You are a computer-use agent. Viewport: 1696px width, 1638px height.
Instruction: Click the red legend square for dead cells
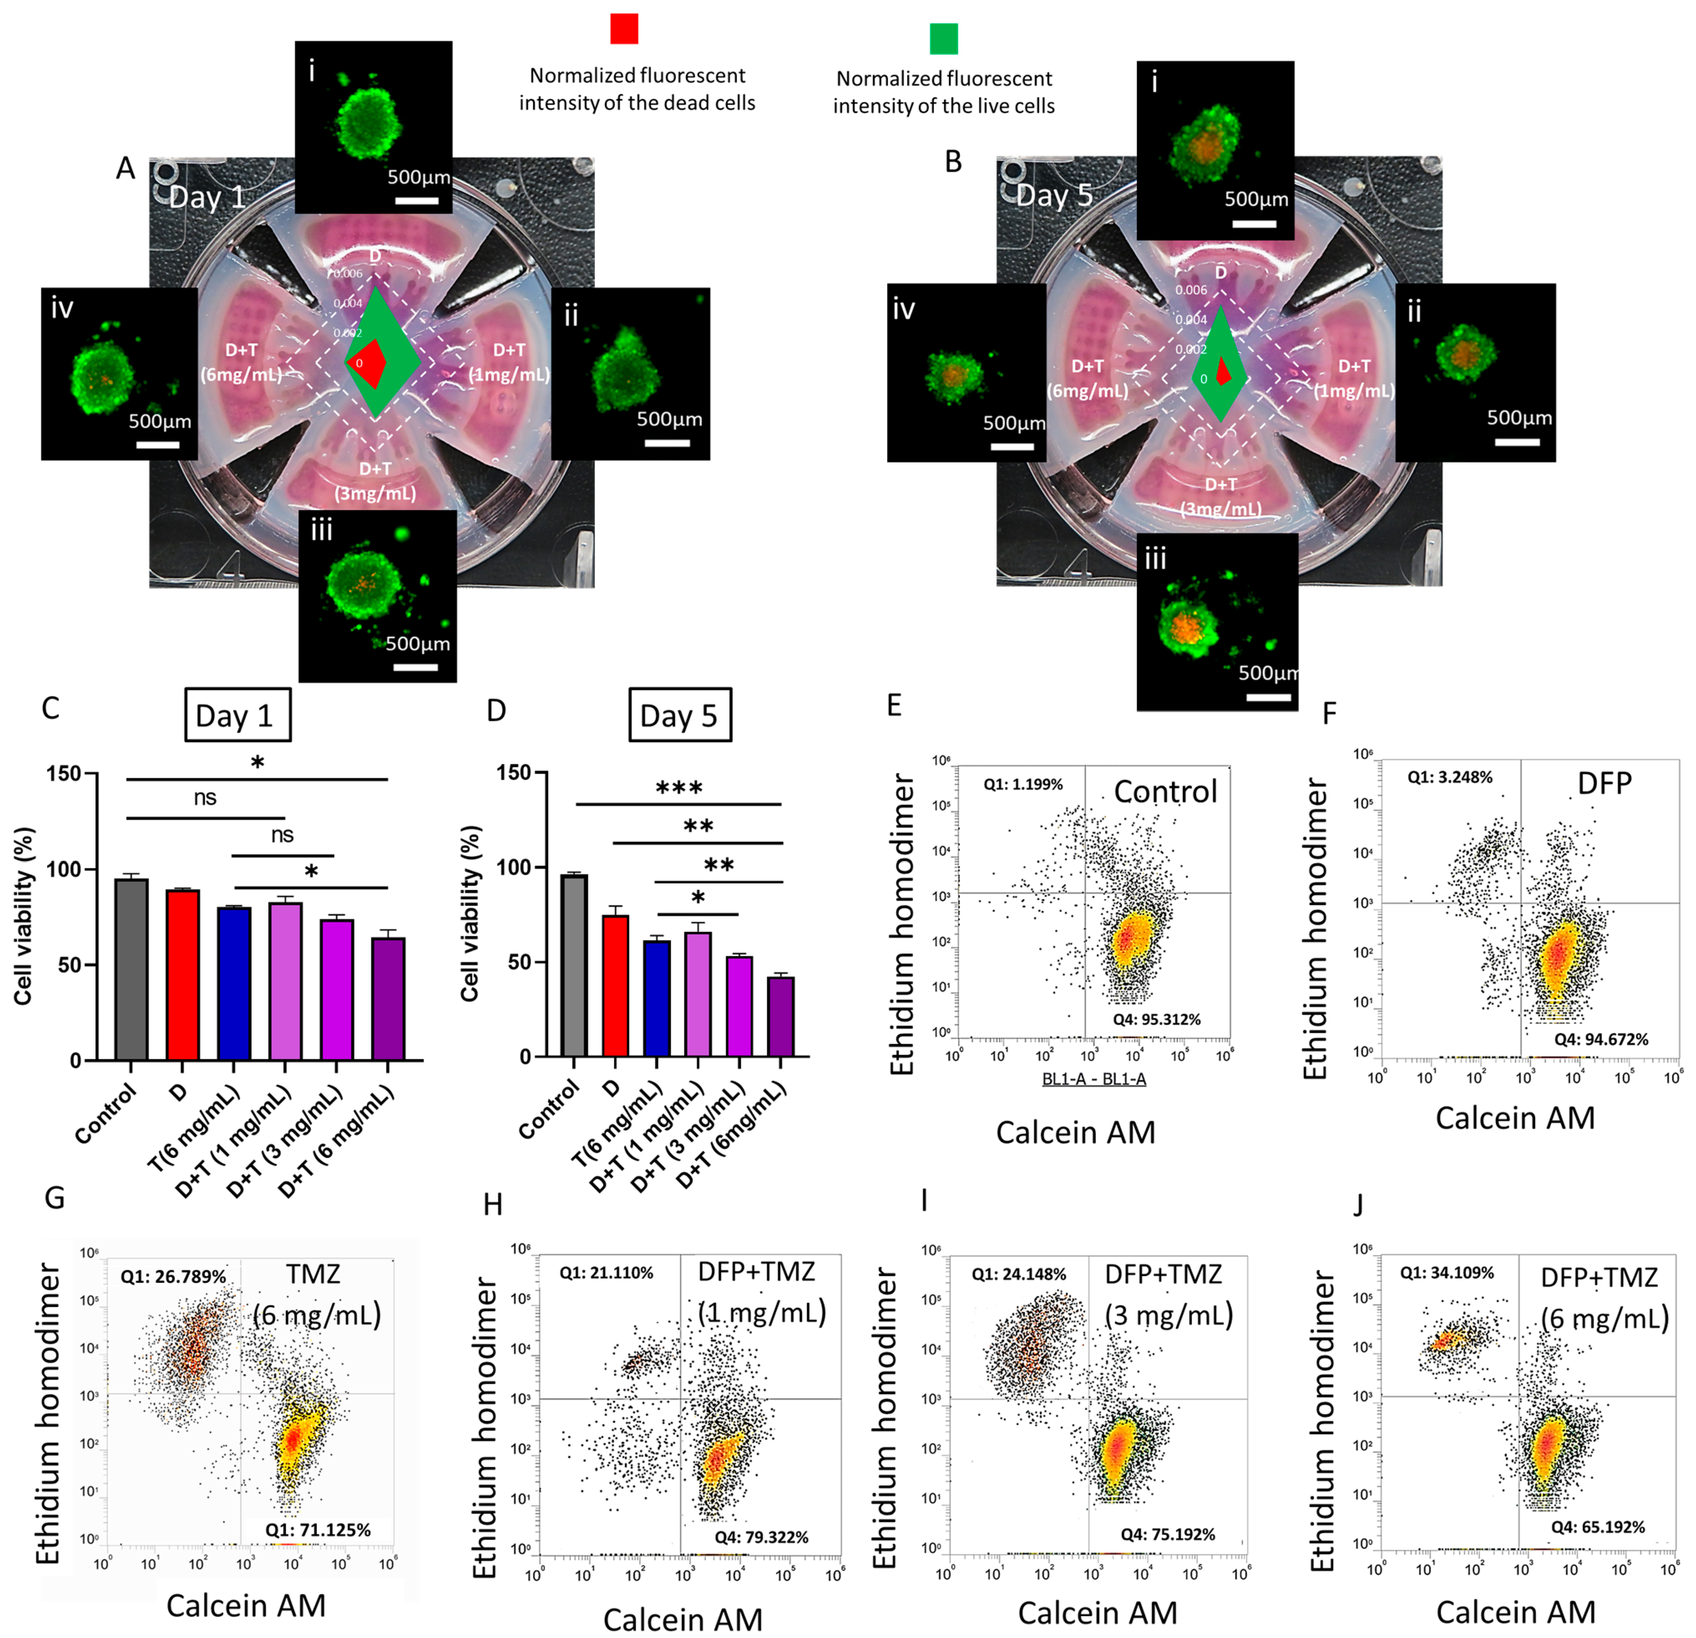click(x=624, y=28)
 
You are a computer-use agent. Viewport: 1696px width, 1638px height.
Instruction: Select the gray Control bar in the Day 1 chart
click(x=132, y=969)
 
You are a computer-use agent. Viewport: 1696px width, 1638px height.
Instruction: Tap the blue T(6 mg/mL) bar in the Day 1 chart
click(x=234, y=984)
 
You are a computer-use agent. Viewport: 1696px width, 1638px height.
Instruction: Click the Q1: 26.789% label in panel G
click(x=173, y=1277)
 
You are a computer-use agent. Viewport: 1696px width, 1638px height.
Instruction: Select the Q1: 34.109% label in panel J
click(x=1447, y=1273)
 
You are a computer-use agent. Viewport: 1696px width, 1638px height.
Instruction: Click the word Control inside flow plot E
click(x=1165, y=791)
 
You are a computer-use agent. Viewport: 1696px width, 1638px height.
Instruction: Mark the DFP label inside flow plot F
click(x=1604, y=783)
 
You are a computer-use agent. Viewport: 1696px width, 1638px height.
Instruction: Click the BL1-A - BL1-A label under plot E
click(x=1094, y=1078)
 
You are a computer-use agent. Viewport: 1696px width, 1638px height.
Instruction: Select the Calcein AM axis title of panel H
click(x=683, y=1619)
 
